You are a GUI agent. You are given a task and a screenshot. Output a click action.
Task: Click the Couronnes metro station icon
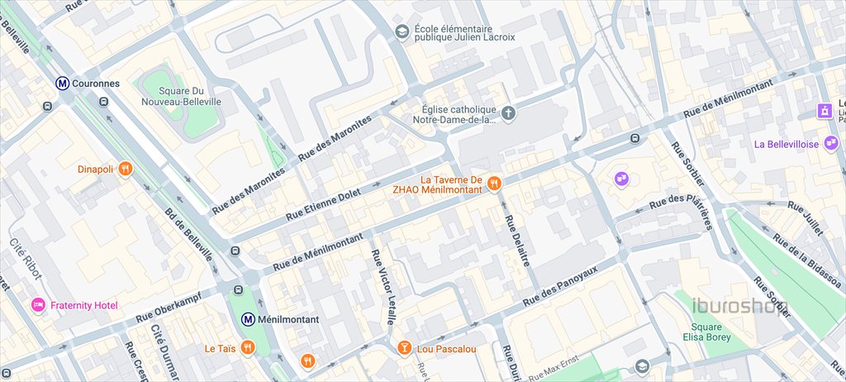point(62,83)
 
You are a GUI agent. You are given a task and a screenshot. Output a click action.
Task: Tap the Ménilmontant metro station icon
point(247,318)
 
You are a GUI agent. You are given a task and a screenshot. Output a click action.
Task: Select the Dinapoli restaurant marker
point(125,169)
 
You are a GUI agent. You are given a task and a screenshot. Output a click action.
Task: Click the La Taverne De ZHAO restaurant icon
point(494,184)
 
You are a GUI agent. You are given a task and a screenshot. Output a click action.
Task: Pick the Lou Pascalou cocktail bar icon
point(404,348)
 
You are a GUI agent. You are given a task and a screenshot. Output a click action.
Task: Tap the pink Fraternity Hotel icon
point(38,305)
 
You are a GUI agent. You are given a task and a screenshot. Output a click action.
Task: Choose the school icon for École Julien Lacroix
point(402,31)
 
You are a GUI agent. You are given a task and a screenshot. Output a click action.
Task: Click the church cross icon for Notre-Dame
point(509,112)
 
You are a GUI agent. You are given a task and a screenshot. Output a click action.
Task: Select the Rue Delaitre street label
point(516,241)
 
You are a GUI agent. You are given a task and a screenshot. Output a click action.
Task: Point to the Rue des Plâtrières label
point(681,201)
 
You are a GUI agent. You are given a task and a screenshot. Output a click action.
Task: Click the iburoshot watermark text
point(739,308)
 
